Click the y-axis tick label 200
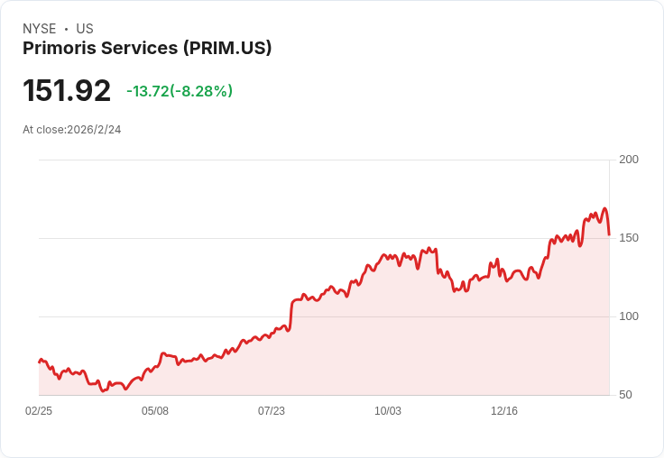[x=628, y=160]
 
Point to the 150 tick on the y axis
[x=628, y=238]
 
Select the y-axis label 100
[x=628, y=316]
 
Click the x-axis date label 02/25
[x=39, y=411]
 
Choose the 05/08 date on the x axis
[x=155, y=411]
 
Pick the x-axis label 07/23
[x=272, y=411]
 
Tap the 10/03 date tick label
[x=388, y=411]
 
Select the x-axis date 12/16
[x=504, y=411]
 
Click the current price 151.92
[x=67, y=91]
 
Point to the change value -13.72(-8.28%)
[x=180, y=91]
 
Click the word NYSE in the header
[x=39, y=29]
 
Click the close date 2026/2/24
[x=94, y=130]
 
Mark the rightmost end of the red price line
[x=609, y=234]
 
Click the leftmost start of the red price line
[x=39, y=362]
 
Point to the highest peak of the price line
[x=604, y=208]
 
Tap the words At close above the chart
[x=41, y=130]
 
